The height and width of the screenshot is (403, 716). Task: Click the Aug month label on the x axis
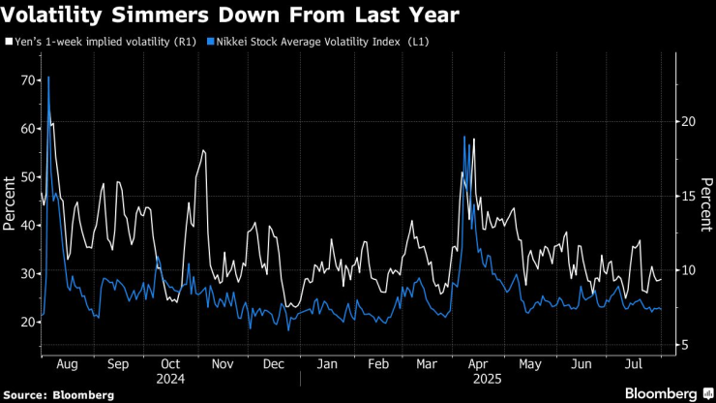click(66, 365)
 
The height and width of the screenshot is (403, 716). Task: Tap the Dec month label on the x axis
click(274, 365)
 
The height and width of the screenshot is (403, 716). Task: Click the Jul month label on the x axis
click(635, 365)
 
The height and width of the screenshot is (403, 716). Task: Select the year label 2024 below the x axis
click(170, 380)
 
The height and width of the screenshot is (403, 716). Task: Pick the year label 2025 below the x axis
click(481, 380)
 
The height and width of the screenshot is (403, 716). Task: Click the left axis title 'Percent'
click(9, 203)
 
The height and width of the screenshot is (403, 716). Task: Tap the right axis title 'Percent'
click(705, 203)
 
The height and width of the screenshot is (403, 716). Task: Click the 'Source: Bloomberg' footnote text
click(59, 394)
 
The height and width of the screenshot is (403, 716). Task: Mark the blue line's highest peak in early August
click(48, 77)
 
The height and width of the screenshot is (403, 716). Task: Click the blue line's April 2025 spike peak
click(464, 137)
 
